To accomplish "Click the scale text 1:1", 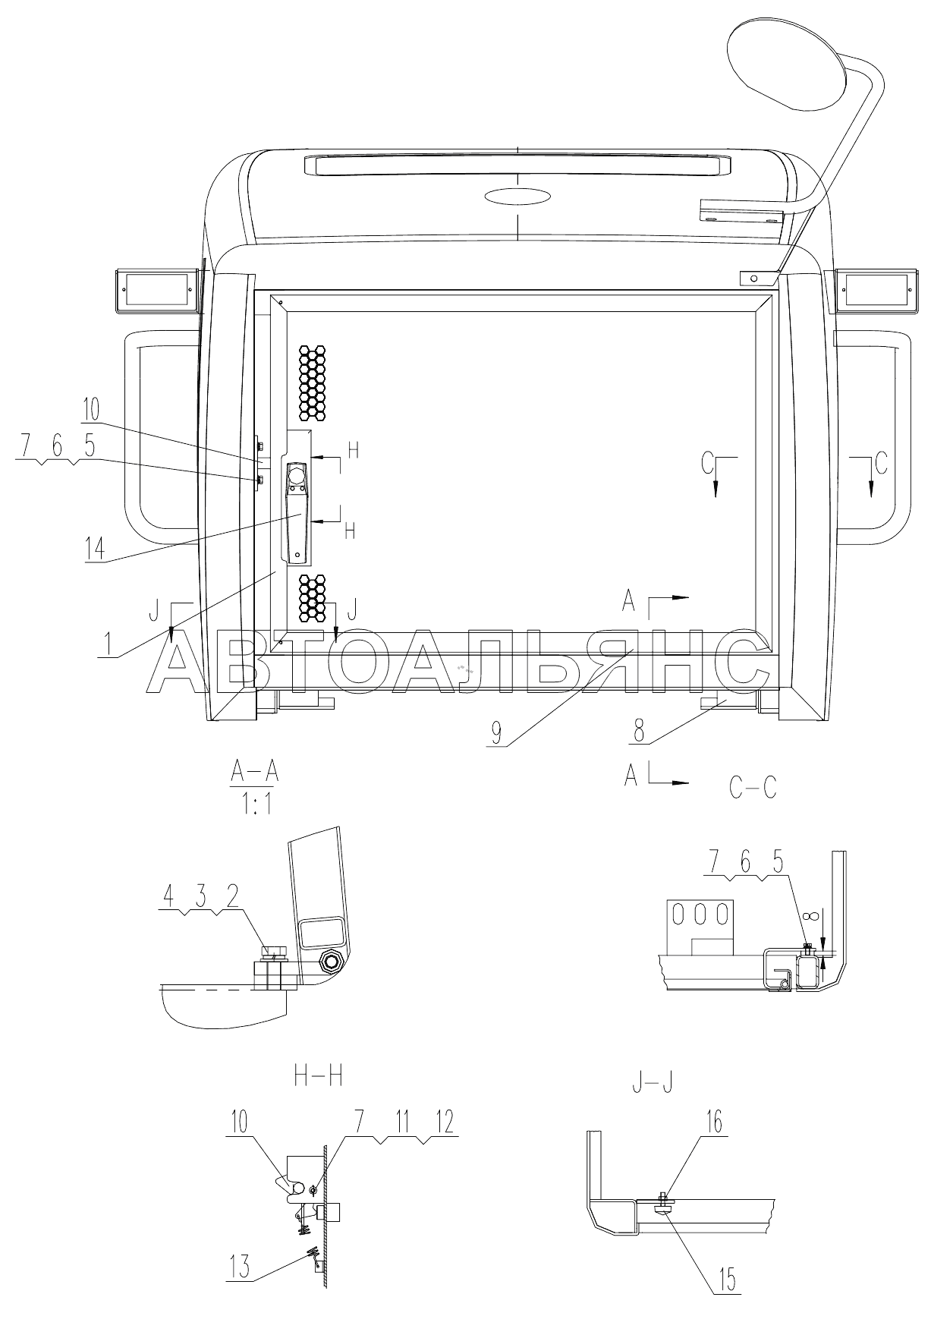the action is [256, 806].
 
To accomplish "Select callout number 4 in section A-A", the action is [169, 897].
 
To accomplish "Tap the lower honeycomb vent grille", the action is [312, 597].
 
